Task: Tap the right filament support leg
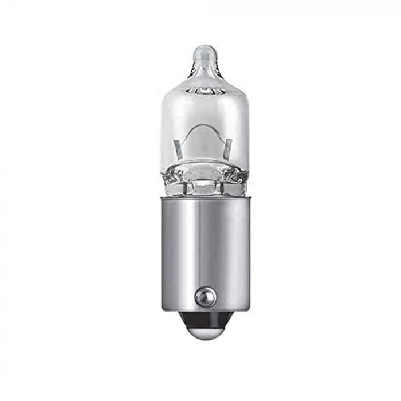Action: click(x=229, y=147)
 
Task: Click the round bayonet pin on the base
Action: click(x=205, y=296)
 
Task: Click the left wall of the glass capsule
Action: click(x=163, y=126)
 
